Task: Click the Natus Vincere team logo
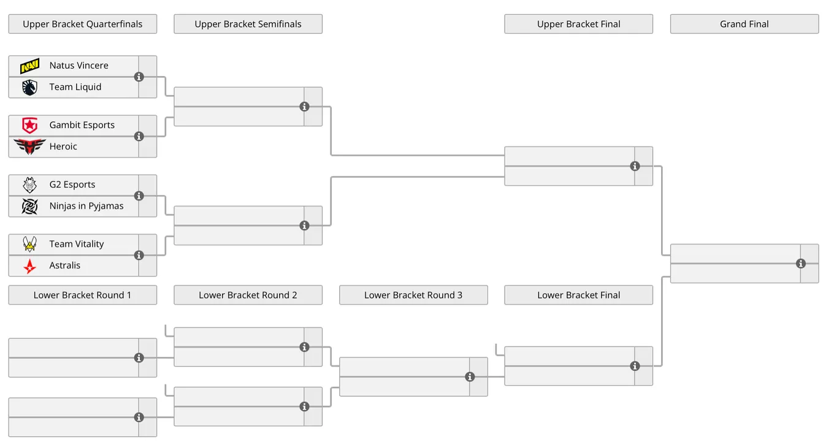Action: tap(30, 66)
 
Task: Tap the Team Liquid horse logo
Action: tap(30, 88)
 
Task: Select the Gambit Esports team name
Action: tap(82, 124)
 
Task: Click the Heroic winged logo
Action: tap(30, 147)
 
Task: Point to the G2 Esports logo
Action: tap(30, 185)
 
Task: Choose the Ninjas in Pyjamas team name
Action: tap(86, 206)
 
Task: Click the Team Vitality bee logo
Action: tap(30, 244)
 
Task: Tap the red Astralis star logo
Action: tap(30, 266)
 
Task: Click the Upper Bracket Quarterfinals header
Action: tap(83, 24)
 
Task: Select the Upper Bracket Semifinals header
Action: tap(248, 24)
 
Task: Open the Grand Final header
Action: tap(744, 24)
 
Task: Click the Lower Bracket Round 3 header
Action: tap(413, 295)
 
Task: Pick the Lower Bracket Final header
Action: tap(579, 295)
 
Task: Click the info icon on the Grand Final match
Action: tap(801, 264)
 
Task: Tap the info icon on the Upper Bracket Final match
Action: tap(635, 166)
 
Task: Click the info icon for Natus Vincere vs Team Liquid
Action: tap(139, 77)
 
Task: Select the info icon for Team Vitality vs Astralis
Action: tap(139, 255)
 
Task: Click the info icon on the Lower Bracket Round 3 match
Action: tap(470, 376)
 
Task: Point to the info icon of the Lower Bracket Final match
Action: tap(635, 366)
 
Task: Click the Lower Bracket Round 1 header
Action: tap(83, 295)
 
